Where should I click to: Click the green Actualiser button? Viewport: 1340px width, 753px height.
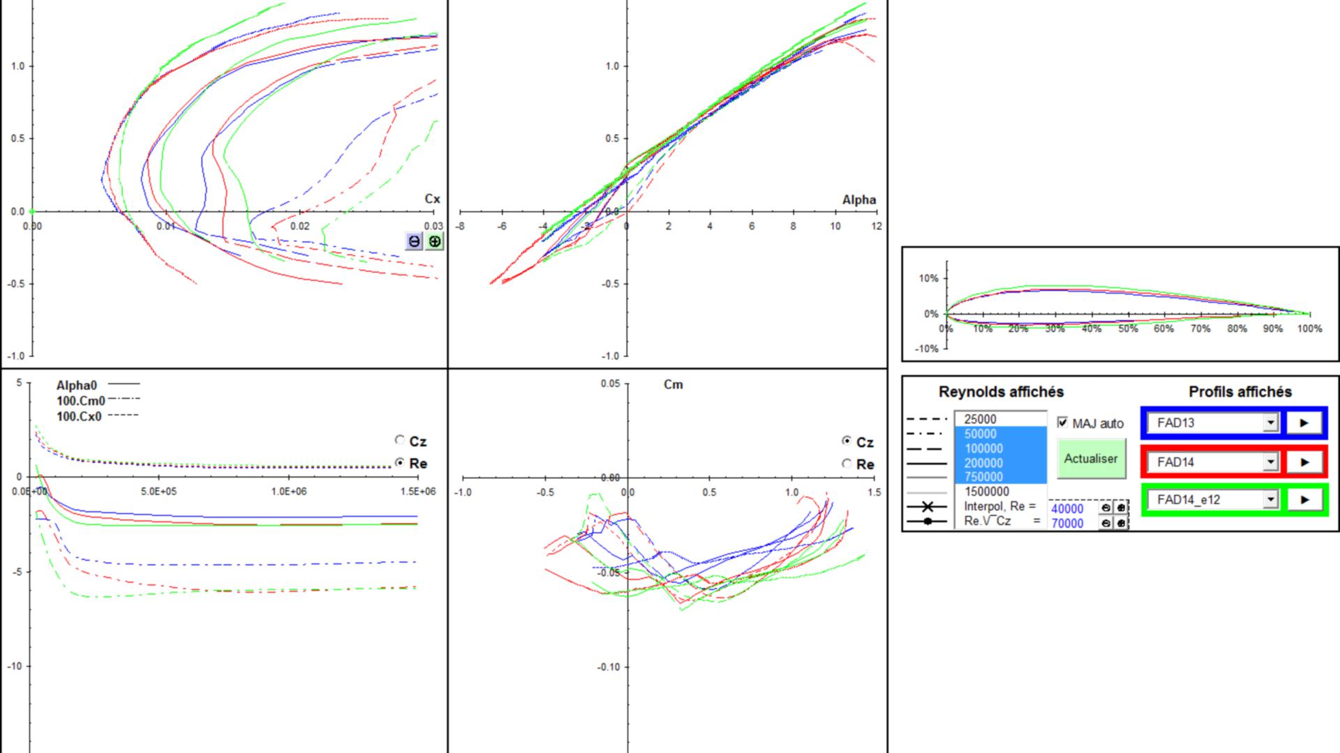pyautogui.click(x=1092, y=458)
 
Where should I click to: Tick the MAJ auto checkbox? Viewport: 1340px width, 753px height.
pyautogui.click(x=1062, y=423)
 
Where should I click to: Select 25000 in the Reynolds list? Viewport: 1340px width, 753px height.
pyautogui.click(x=980, y=419)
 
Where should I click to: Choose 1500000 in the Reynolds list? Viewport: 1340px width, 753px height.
pyautogui.click(x=986, y=492)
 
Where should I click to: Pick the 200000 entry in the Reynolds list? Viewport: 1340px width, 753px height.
pyautogui.click(x=983, y=463)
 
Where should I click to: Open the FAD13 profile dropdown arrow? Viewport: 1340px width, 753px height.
pyautogui.click(x=1270, y=423)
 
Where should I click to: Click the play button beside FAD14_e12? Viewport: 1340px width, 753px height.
pyautogui.click(x=1304, y=500)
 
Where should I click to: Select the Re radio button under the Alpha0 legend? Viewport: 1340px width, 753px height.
pyautogui.click(x=400, y=462)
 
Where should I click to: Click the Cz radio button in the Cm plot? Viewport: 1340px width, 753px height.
pyautogui.click(x=847, y=441)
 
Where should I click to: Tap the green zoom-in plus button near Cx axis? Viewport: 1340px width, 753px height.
pyautogui.click(x=434, y=241)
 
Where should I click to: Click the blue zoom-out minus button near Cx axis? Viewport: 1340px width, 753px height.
pyautogui.click(x=415, y=241)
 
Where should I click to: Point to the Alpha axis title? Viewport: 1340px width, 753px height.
pyautogui.click(x=859, y=199)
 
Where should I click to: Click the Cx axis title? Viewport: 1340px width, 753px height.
pyautogui.click(x=433, y=199)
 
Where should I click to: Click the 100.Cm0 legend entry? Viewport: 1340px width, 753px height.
pyautogui.click(x=81, y=401)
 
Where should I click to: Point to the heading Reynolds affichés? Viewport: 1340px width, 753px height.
pyautogui.click(x=1001, y=392)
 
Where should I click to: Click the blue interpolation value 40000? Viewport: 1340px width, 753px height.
pyautogui.click(x=1067, y=509)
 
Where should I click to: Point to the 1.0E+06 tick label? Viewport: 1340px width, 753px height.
pyautogui.click(x=289, y=492)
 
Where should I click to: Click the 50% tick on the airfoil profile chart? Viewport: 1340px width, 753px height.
pyautogui.click(x=1128, y=328)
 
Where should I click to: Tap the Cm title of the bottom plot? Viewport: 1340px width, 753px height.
pyautogui.click(x=673, y=384)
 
